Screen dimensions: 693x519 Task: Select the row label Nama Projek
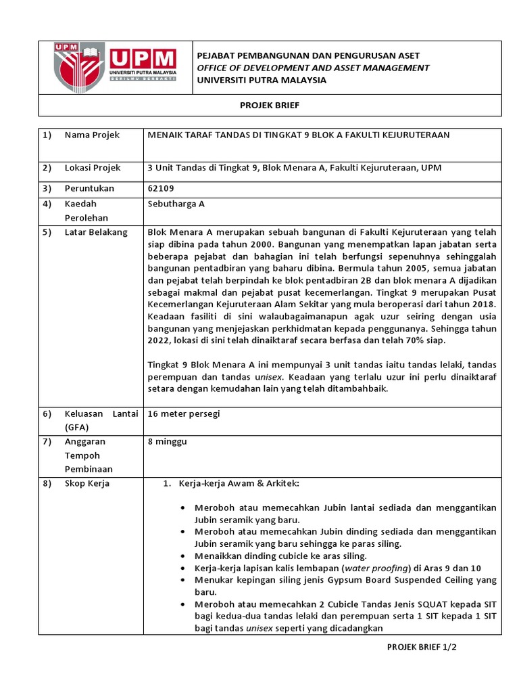point(92,135)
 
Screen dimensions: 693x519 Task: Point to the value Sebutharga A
point(176,203)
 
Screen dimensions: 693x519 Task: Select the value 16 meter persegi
point(183,413)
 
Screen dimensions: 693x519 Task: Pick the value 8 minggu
point(167,442)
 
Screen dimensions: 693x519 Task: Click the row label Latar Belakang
point(96,232)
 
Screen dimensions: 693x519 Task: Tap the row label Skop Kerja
point(87,484)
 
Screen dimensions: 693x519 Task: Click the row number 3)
point(47,188)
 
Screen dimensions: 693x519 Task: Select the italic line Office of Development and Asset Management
point(313,68)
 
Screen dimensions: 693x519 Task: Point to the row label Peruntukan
point(89,188)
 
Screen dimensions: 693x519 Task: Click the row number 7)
point(47,442)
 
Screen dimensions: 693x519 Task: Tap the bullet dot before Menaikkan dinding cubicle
point(185,556)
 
